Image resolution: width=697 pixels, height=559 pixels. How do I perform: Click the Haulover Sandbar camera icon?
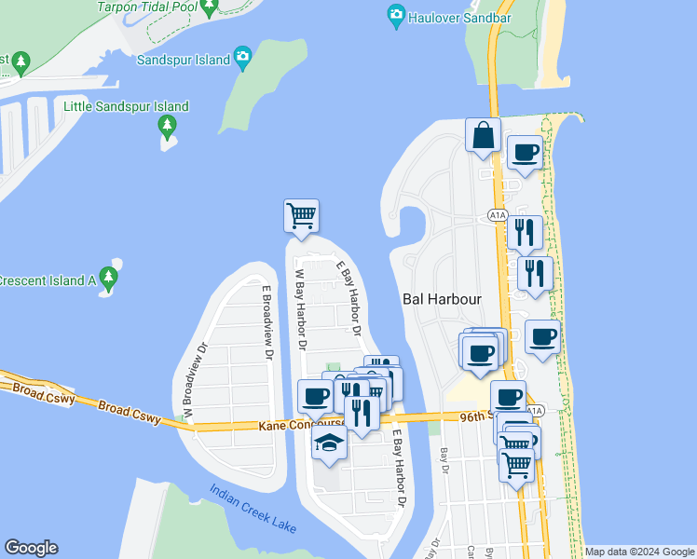coord(396,16)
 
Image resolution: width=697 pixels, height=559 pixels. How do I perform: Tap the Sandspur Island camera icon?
coord(243,59)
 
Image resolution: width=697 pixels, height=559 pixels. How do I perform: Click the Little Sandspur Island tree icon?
coord(167,125)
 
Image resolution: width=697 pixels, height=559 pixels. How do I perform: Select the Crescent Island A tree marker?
coord(109,278)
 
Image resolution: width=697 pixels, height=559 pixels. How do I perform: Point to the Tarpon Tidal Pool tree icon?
coord(210,7)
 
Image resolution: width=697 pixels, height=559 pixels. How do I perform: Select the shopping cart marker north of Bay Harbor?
coord(301,215)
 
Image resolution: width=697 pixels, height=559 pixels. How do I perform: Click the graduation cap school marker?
coord(329,443)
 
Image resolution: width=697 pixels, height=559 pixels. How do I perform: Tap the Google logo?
coord(31,548)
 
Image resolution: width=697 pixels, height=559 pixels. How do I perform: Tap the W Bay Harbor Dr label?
coord(300,307)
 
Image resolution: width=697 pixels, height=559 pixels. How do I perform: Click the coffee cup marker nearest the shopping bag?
coord(524,152)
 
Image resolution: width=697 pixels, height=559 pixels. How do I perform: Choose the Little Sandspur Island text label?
coord(126,106)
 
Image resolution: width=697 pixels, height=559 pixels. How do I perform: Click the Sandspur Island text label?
coord(183,60)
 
